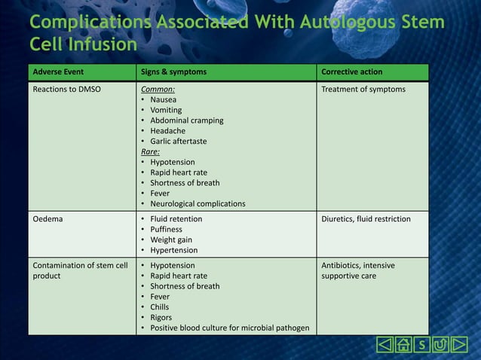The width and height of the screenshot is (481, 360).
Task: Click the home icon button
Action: point(403,346)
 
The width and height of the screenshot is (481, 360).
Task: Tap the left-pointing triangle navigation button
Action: point(384,346)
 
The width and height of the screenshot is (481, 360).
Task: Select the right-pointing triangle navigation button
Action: point(460,346)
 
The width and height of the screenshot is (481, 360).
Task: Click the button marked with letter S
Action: point(422,346)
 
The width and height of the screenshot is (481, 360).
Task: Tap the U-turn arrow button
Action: point(441,346)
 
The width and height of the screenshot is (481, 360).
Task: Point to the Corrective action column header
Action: point(351,72)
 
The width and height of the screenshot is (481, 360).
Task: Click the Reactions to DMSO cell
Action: point(67,90)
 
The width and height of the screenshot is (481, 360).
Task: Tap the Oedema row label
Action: point(47,219)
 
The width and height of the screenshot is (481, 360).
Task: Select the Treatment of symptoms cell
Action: point(363,90)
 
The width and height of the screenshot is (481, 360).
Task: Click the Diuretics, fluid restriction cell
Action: point(366,219)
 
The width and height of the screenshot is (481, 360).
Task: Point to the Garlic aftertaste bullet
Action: point(178,141)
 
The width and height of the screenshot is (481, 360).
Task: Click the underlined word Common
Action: point(158,90)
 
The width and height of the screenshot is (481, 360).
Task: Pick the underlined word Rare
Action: point(150,151)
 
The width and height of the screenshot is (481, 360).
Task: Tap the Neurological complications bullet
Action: point(198,203)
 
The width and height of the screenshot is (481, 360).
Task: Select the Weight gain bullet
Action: point(171,239)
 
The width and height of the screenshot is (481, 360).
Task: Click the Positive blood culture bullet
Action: point(228,328)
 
